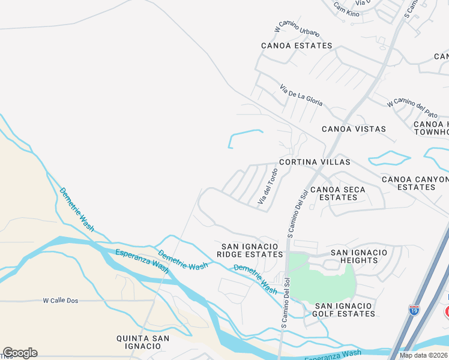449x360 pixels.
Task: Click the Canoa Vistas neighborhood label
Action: click(x=354, y=129)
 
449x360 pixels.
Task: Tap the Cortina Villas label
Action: click(x=314, y=162)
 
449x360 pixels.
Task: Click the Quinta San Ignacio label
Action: click(x=143, y=343)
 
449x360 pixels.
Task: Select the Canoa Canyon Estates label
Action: click(x=415, y=183)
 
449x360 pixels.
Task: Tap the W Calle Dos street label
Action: click(x=62, y=300)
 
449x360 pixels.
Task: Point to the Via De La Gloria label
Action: click(x=301, y=95)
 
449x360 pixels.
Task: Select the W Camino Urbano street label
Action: click(x=297, y=29)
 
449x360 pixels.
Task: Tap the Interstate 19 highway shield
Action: click(x=414, y=310)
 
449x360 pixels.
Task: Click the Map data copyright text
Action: click(x=424, y=355)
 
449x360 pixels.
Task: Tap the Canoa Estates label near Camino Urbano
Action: click(x=297, y=46)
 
